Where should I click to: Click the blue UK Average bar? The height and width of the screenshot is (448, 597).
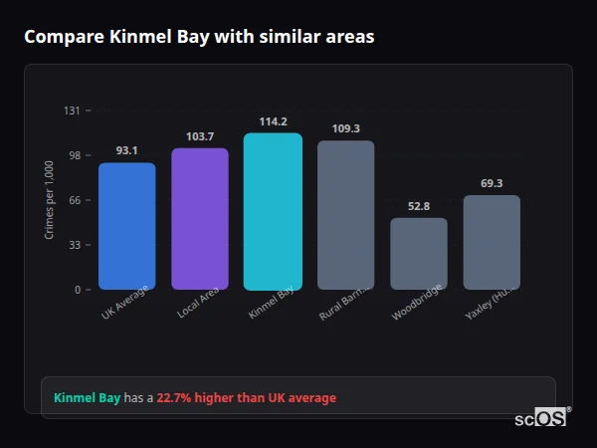point(126,226)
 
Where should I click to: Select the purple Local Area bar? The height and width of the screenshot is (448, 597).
point(200,219)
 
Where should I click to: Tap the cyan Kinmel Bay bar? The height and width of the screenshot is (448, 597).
point(273,211)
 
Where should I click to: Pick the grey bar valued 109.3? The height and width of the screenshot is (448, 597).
point(346,215)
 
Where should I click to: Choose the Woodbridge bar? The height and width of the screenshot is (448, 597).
point(419,254)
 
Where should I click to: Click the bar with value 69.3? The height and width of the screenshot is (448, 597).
point(492,242)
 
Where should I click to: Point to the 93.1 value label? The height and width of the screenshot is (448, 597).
point(126,151)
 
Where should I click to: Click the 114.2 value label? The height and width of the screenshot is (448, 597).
point(273,121)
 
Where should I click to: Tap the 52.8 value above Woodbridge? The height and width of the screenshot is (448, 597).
point(419,206)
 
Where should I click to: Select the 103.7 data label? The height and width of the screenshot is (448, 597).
point(200,136)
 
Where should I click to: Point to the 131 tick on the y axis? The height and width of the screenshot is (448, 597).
point(72,111)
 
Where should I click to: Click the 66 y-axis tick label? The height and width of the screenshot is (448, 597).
point(75,200)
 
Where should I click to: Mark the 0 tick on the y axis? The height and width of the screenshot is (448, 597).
point(77,290)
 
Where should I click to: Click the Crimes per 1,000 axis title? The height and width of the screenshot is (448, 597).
point(50,200)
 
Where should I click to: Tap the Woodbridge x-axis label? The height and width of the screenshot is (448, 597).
point(411,305)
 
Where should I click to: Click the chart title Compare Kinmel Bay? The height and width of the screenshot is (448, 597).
point(199,37)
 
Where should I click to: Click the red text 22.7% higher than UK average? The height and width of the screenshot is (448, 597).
point(247,398)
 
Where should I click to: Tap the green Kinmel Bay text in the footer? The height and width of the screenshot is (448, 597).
point(87,398)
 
